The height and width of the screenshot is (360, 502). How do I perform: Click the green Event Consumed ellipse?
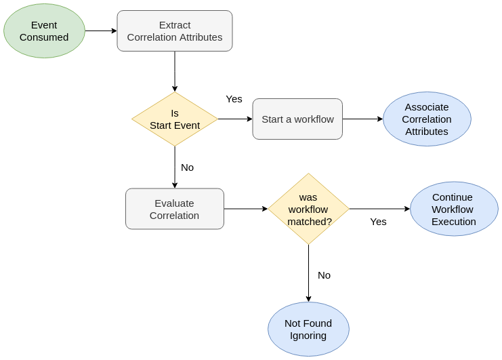[44, 31]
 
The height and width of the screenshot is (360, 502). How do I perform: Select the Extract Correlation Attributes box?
[175, 31]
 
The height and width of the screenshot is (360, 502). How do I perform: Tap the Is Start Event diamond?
[175, 119]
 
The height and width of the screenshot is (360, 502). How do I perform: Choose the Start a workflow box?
[297, 119]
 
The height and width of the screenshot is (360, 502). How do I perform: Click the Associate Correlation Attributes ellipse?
[427, 119]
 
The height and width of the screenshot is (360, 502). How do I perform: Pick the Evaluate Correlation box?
[175, 209]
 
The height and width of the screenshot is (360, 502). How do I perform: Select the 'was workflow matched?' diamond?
[308, 209]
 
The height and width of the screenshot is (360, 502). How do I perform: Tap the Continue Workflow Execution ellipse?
[454, 209]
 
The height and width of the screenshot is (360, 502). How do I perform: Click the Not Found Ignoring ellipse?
[308, 329]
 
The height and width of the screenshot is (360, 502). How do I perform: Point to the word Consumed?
[44, 37]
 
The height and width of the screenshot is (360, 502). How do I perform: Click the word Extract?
[175, 25]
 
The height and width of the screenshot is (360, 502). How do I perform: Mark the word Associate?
[427, 107]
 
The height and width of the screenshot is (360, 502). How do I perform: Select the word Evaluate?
[174, 203]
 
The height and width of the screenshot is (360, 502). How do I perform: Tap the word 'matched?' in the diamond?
[310, 222]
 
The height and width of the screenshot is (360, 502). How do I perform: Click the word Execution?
[454, 222]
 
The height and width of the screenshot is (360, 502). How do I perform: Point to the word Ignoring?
[308, 336]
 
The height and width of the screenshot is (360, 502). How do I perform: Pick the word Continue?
[453, 197]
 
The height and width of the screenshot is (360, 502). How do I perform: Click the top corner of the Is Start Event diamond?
[175, 93]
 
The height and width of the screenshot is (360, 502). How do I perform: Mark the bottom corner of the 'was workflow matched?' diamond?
[308, 243]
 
